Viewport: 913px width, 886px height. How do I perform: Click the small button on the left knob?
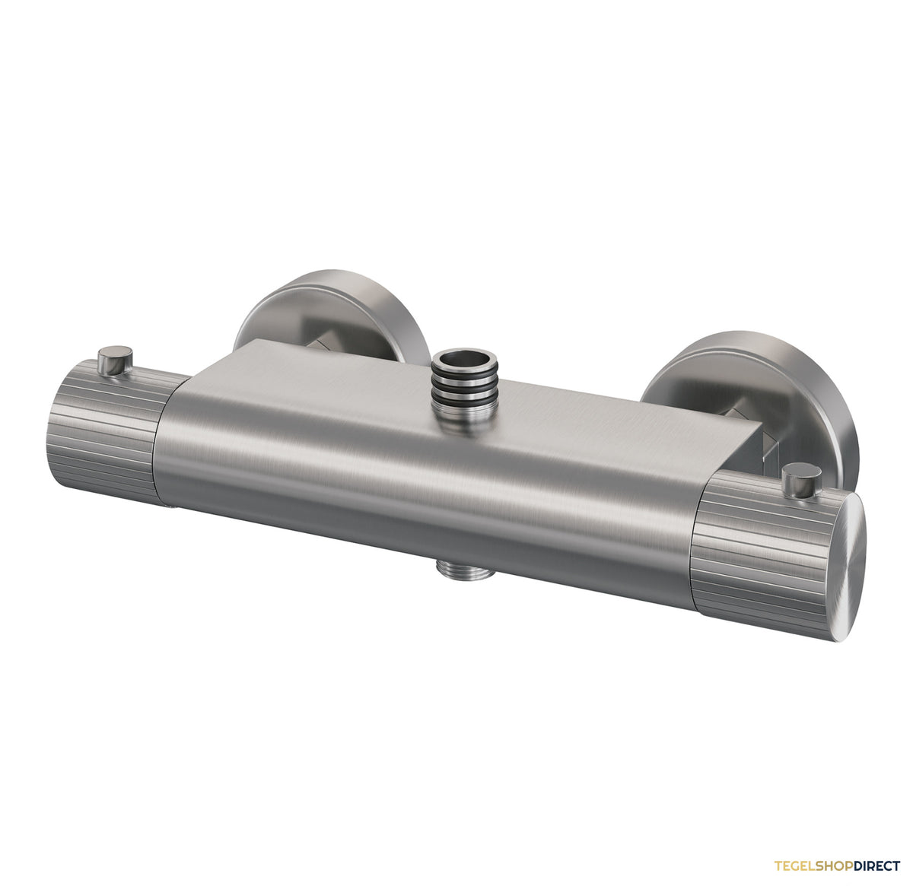114,360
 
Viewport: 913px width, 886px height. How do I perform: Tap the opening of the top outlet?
464,359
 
